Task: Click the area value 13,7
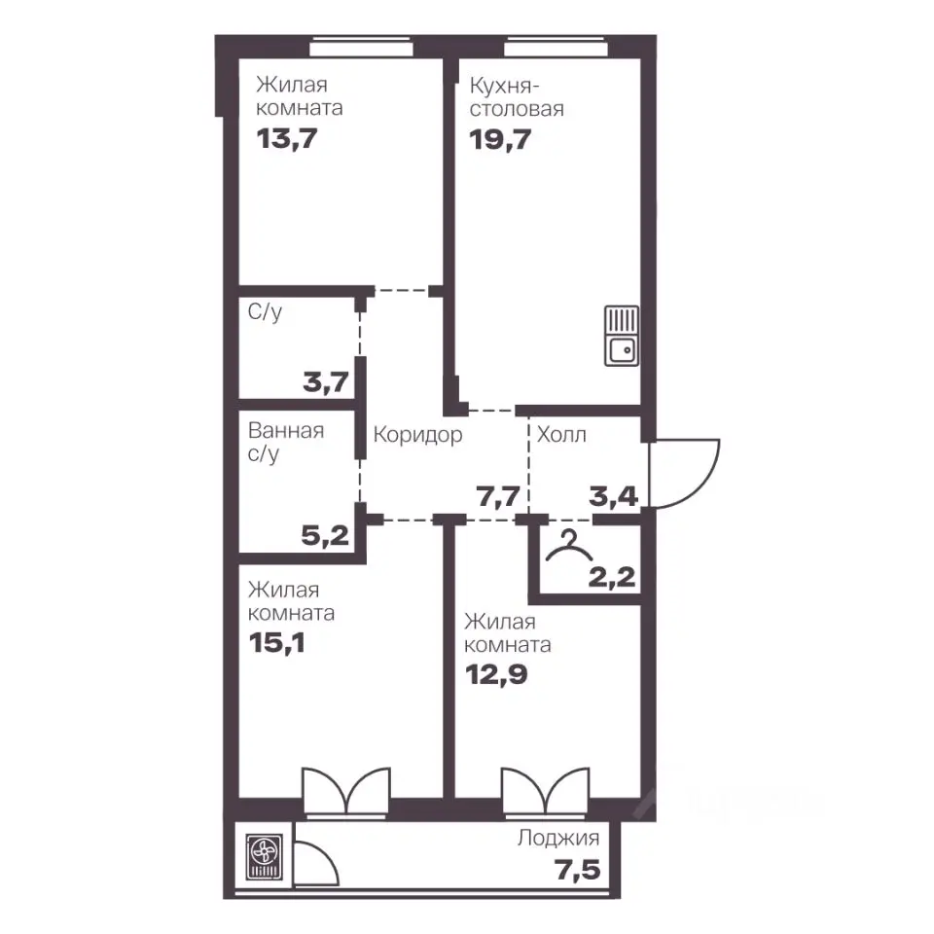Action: pos(286,139)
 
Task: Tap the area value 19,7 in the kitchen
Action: pos(500,140)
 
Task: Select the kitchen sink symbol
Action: pos(622,336)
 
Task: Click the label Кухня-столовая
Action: pos(517,97)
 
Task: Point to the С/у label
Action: pos(265,312)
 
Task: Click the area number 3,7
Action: pos(326,381)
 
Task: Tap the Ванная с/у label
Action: pos(286,442)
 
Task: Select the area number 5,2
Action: pos(325,535)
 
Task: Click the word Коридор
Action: pos(417,435)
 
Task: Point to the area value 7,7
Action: pos(498,496)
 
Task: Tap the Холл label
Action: pos(561,435)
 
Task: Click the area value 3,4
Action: pos(614,496)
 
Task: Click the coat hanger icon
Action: pos(569,546)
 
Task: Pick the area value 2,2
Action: pos(612,577)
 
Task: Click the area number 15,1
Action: pos(277,643)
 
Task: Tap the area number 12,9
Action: pos(496,675)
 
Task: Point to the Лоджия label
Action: pos(558,839)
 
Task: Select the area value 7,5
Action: pos(578,870)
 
